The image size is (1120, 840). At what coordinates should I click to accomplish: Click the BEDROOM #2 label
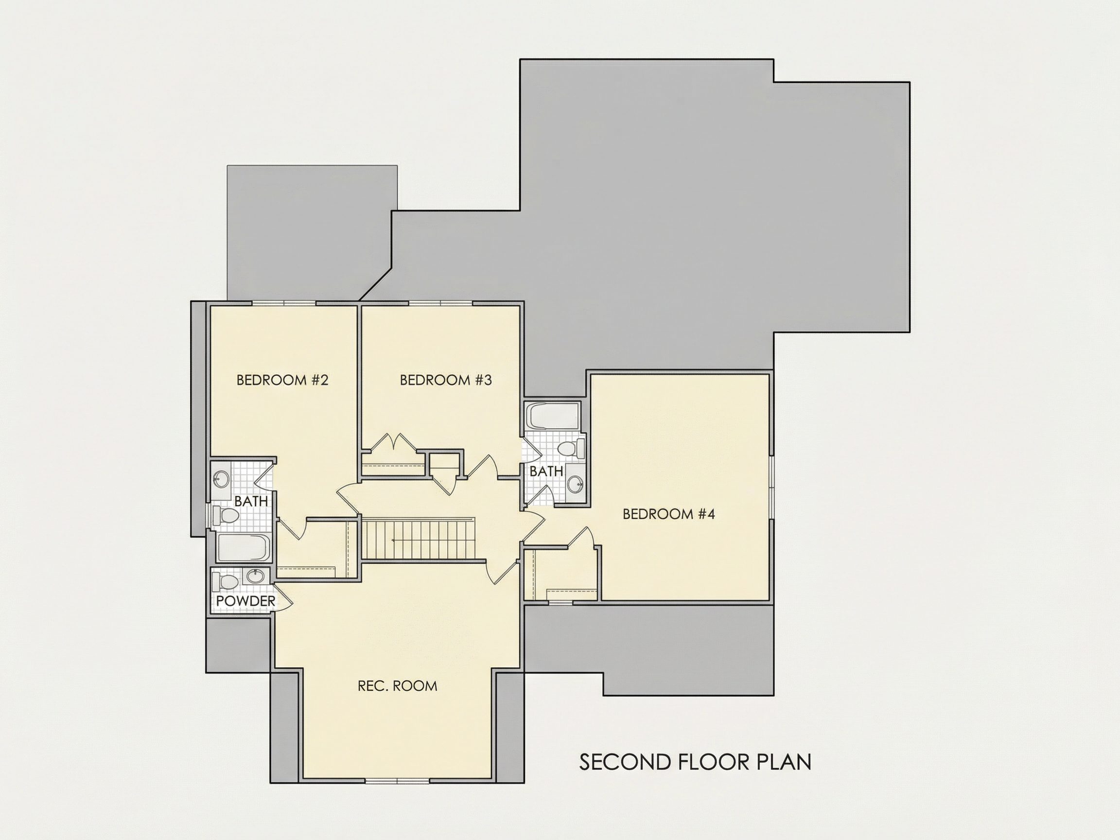point(282,380)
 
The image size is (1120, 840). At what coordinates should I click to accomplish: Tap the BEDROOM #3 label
point(446,380)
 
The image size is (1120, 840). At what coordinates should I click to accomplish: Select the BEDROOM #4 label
point(668,514)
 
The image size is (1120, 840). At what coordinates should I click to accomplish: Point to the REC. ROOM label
point(397,685)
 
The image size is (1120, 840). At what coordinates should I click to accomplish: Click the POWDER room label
point(245,601)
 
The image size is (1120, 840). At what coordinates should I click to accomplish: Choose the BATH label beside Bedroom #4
point(546,471)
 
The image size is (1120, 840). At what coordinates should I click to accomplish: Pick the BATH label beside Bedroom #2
point(251,501)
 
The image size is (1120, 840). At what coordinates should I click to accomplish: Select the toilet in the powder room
point(226,581)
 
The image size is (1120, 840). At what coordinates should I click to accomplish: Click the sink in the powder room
point(256,576)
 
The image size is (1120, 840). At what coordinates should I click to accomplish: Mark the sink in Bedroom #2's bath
point(221,477)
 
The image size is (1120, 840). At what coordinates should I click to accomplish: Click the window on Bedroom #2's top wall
point(284,303)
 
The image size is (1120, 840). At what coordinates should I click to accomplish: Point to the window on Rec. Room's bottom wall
point(398,780)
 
